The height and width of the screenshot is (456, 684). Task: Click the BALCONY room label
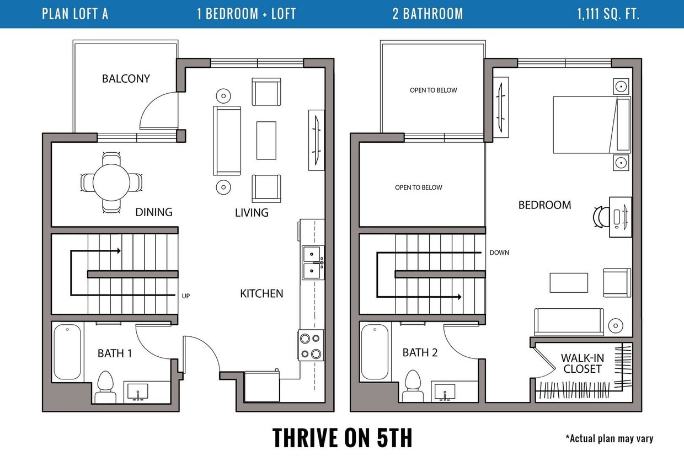(x=126, y=79)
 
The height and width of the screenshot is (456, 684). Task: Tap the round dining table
(x=111, y=183)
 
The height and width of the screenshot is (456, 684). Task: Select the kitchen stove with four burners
(x=311, y=346)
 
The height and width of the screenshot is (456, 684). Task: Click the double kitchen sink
(x=313, y=262)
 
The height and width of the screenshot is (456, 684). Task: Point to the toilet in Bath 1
(x=105, y=387)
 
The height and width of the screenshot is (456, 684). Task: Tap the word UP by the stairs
(x=186, y=296)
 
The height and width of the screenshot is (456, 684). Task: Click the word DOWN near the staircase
(x=499, y=253)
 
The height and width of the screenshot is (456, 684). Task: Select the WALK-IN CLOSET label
(x=583, y=363)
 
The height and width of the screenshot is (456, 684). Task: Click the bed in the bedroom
(x=592, y=125)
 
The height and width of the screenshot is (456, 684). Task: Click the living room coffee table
(x=266, y=141)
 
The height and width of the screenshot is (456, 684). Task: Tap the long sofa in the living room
(x=227, y=141)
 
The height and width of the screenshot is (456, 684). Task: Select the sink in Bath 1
(x=138, y=391)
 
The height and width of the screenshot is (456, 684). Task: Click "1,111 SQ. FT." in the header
(x=608, y=14)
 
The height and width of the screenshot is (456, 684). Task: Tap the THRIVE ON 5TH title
(x=342, y=438)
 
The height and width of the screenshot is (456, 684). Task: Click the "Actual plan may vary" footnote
(x=609, y=438)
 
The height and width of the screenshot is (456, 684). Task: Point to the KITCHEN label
(x=261, y=293)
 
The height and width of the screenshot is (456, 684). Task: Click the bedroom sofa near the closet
(x=569, y=322)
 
